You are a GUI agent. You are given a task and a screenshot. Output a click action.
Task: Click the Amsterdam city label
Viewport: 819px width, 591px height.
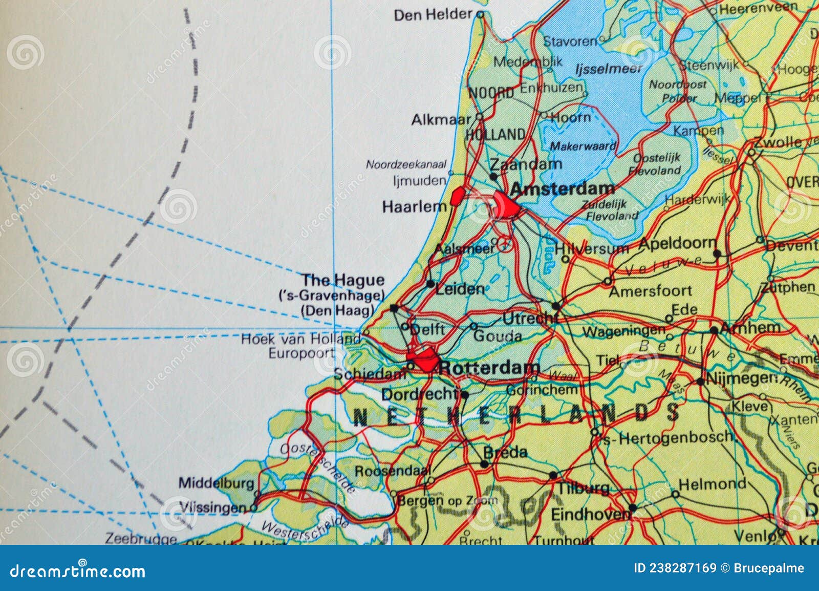pos(562,189)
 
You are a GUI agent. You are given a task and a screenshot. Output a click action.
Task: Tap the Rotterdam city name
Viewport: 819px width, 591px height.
pos(489,368)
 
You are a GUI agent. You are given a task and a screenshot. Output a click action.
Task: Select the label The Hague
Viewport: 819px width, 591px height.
pos(342,280)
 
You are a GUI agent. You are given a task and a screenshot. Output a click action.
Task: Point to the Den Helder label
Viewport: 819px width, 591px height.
pos(433,15)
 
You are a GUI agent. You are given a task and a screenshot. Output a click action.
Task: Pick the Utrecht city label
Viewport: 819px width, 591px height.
pos(528,319)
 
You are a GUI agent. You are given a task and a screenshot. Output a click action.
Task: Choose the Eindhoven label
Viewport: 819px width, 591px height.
pos(590,514)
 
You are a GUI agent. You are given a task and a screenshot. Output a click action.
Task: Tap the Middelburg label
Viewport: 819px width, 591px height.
pos(216,483)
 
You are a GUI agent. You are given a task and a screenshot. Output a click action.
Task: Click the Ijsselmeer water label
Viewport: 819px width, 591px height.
pos(608,69)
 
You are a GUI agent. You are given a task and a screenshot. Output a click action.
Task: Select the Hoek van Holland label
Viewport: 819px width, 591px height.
pos(301,339)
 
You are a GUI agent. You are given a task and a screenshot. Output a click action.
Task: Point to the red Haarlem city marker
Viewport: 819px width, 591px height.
pos(458,196)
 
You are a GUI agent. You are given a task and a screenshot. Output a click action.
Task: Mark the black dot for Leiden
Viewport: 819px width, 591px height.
pos(430,284)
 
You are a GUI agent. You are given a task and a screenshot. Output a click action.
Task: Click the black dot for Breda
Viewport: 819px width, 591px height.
pos(484,465)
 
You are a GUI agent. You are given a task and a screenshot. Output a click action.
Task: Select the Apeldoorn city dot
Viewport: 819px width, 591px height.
pos(717,254)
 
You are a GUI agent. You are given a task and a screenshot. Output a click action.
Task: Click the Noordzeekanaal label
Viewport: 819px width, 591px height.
pos(406,165)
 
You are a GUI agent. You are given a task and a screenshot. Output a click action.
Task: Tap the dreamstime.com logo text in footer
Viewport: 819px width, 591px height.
pos(78,571)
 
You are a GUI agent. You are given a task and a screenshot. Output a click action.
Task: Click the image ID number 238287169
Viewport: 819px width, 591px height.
pos(675,568)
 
